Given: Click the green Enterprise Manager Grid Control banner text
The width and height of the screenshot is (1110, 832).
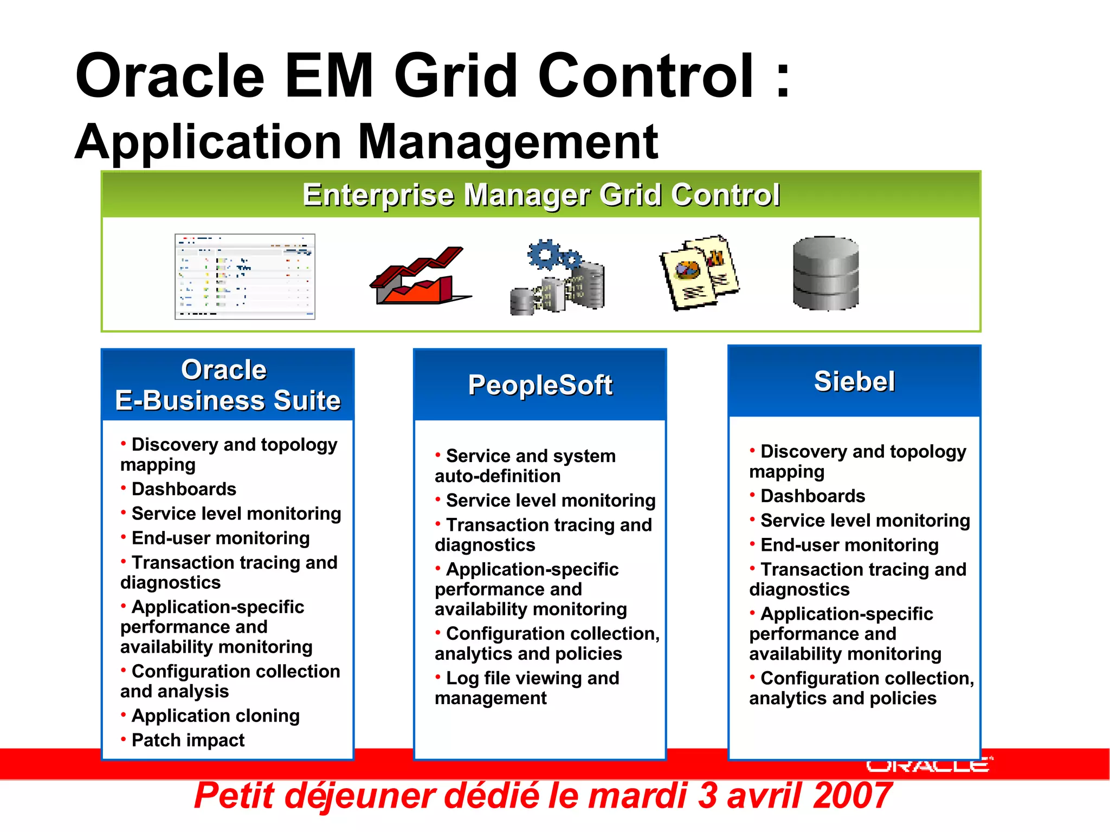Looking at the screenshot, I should [541, 195].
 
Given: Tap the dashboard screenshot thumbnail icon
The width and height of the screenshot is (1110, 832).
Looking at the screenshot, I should [245, 276].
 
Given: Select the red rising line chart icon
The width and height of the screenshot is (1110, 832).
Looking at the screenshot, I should [420, 276].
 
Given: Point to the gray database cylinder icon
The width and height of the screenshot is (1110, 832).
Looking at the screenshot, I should [825, 274].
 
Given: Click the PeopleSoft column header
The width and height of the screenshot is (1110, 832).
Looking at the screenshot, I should [540, 385].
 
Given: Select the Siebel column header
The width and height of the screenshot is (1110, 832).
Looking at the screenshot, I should [854, 381].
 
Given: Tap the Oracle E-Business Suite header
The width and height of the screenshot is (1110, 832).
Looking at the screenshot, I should [228, 385].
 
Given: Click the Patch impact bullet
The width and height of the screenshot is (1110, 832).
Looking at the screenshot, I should [188, 740].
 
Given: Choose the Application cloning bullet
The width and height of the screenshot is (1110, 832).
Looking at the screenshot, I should [215, 716].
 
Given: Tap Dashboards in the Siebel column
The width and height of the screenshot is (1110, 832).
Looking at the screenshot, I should [812, 496].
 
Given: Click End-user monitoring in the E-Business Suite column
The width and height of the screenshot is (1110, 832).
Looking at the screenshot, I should [221, 538].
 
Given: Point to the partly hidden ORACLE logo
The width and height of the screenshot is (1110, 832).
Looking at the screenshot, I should [928, 765].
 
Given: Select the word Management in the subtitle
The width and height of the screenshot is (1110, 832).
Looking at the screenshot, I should [507, 142].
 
